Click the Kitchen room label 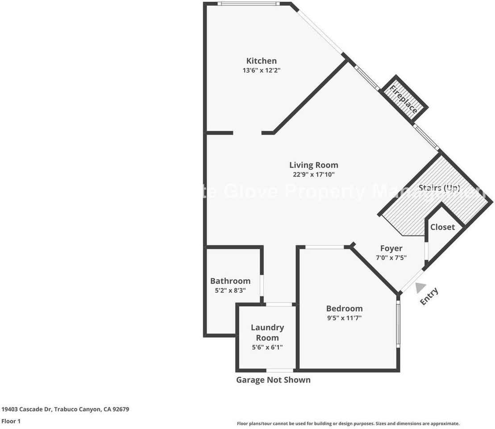point(262,61)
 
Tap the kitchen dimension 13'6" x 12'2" point(262,70)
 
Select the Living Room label point(313,165)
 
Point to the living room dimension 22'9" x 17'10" point(313,174)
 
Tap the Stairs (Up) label point(439,188)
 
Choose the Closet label point(442,227)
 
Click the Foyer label point(391,248)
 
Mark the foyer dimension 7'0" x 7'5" point(391,257)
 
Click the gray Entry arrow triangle point(419,288)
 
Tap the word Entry point(429,296)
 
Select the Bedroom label point(344,308)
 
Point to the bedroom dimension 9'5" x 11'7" point(344,318)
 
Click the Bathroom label point(230,281)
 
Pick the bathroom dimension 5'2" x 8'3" point(230,290)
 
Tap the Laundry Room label point(267,332)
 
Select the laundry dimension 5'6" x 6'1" point(267,347)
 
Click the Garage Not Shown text point(273,380)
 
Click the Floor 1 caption point(11,421)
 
